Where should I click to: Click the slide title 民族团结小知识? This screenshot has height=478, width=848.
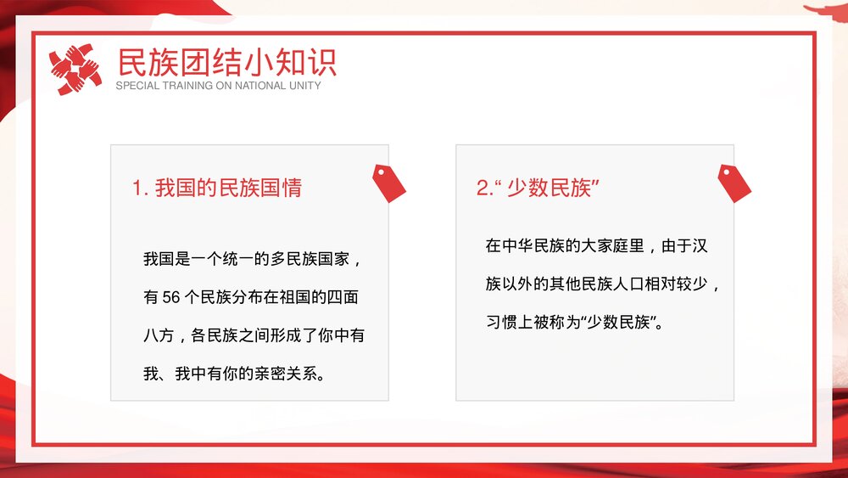point(226,62)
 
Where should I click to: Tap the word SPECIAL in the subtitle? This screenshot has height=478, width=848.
point(137,86)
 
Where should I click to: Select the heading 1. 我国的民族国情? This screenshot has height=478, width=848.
point(217,188)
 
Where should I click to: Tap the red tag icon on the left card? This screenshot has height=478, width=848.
point(389,183)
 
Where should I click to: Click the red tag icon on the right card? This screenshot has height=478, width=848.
point(734,183)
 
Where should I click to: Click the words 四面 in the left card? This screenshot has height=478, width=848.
point(349,298)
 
